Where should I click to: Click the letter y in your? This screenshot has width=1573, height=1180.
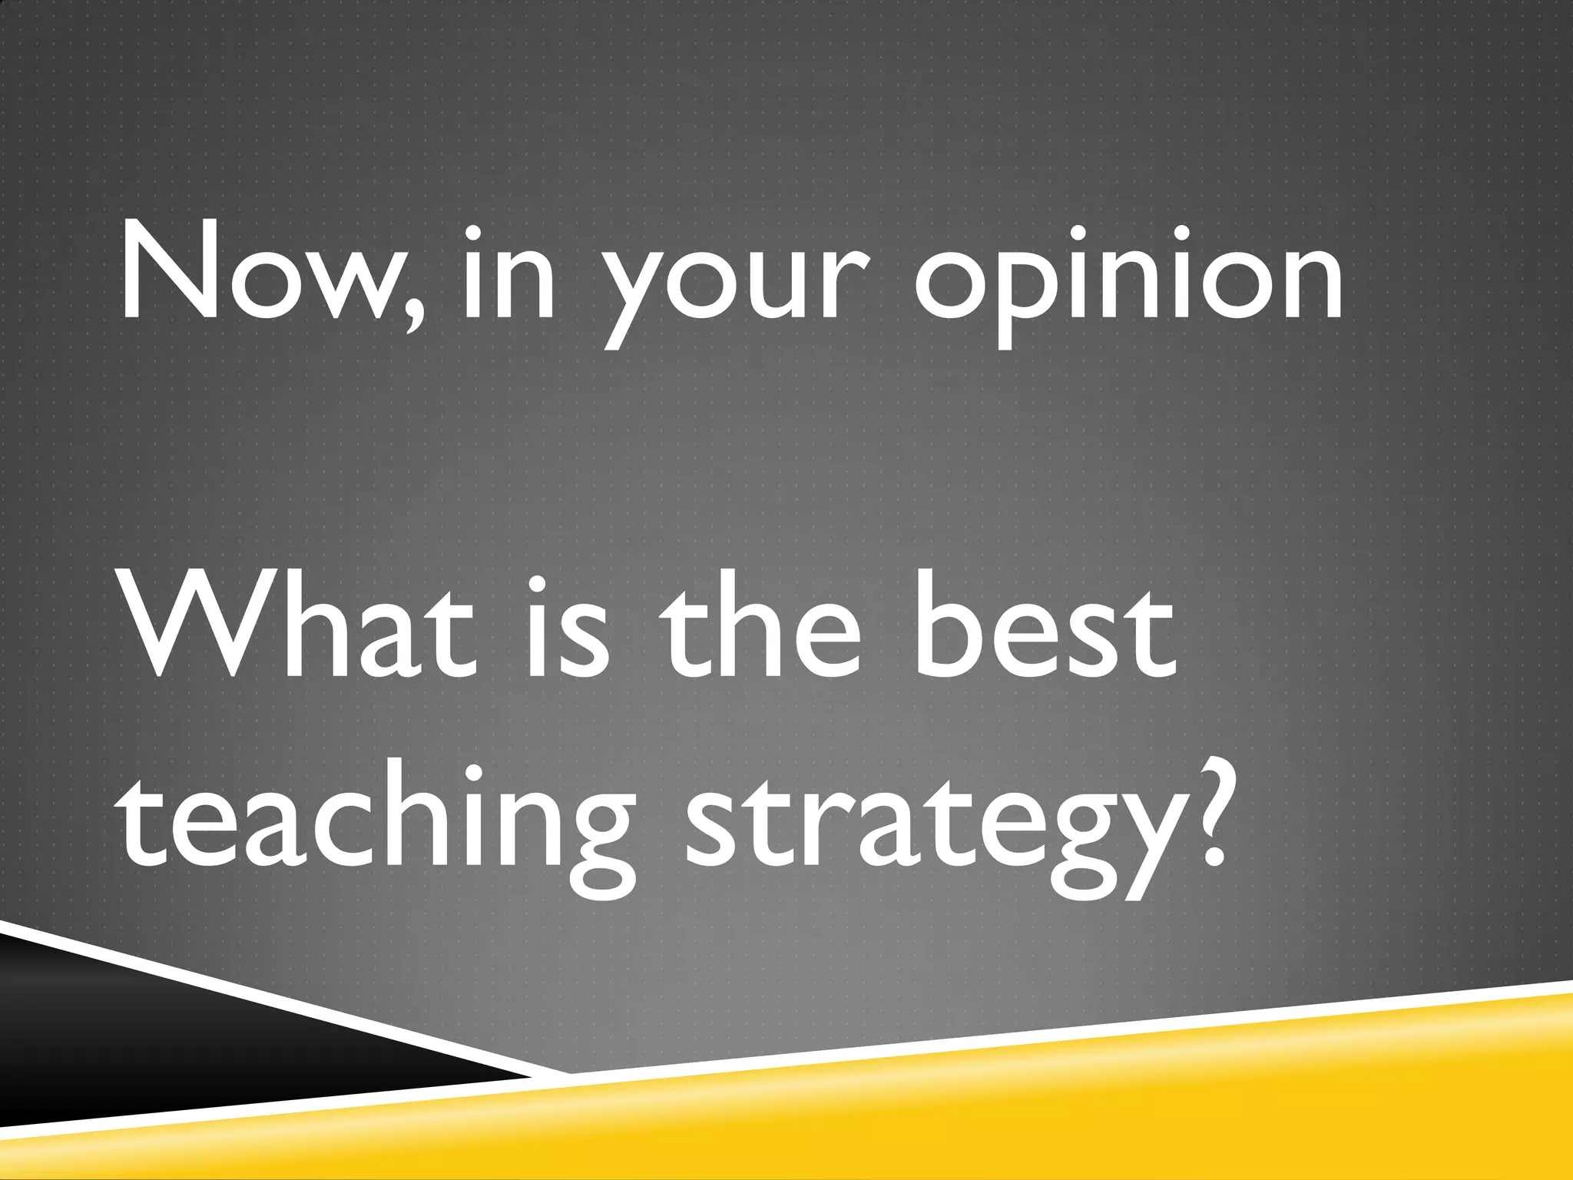(626, 296)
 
